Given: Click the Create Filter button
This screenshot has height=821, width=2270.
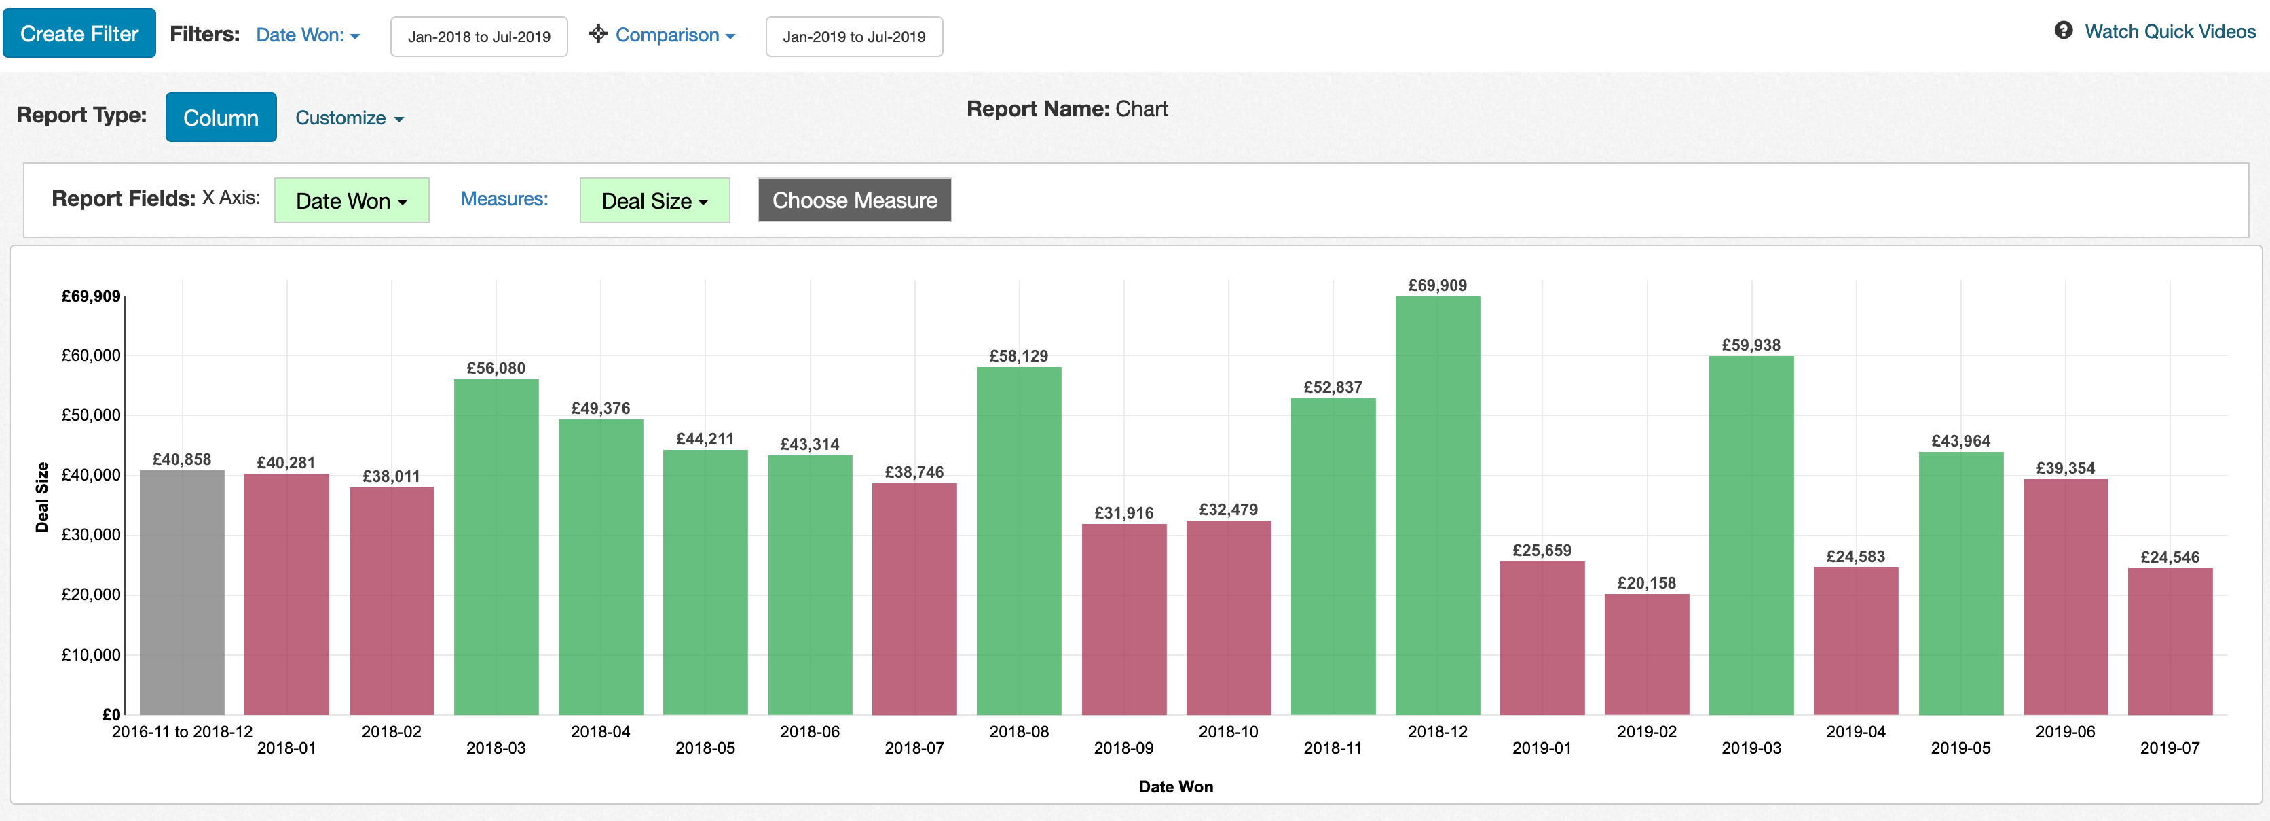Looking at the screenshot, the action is pyautogui.click(x=79, y=33).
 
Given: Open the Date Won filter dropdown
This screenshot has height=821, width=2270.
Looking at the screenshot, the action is pyautogui.click(x=308, y=35).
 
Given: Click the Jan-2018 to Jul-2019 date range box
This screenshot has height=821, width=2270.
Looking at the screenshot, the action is pyautogui.click(x=479, y=37).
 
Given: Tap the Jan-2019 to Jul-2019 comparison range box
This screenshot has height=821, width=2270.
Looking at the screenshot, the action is pyautogui.click(x=854, y=37).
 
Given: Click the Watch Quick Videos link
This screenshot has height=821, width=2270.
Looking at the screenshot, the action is pyautogui.click(x=2155, y=32).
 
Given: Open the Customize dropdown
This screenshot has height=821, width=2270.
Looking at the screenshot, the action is pyautogui.click(x=349, y=118).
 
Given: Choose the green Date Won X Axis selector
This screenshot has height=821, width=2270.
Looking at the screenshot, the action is pyautogui.click(x=352, y=200).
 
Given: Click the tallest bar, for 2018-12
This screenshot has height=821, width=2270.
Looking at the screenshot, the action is pyautogui.click(x=1437, y=505).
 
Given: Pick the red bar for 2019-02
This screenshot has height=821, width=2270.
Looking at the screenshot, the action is pyautogui.click(x=1646, y=654).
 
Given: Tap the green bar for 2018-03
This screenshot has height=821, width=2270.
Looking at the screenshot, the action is pyautogui.click(x=496, y=546).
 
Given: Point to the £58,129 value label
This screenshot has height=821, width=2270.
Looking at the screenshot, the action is pyautogui.click(x=1019, y=356).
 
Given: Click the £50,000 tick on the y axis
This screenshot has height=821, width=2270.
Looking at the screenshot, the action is pyautogui.click(x=91, y=415).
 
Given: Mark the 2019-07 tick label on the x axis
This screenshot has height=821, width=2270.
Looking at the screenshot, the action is pyautogui.click(x=2170, y=748).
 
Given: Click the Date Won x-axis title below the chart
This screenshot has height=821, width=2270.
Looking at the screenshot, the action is pyautogui.click(x=1176, y=786).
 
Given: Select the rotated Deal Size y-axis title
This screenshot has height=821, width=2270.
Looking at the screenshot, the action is pyautogui.click(x=42, y=497).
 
